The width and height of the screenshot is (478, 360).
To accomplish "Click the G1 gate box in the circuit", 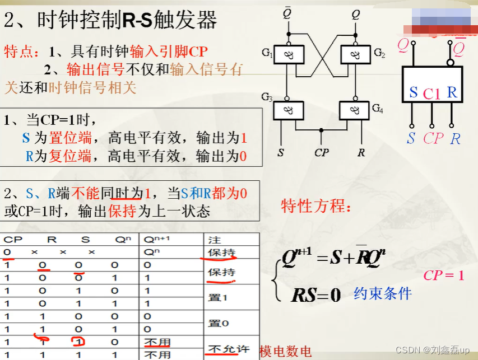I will click(x=288, y=55).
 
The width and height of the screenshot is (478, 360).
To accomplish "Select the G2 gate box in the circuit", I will click(x=355, y=55).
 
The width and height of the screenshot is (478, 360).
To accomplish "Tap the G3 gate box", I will click(x=288, y=110).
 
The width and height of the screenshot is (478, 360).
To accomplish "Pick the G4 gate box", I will click(x=355, y=110).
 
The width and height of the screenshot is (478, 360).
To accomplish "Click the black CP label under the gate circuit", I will click(x=321, y=152).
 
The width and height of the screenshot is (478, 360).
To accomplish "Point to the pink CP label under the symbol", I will click(x=433, y=138).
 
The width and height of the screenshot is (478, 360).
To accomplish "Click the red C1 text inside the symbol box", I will click(x=432, y=94).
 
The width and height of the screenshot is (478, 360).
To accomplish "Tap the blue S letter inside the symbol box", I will click(x=414, y=93).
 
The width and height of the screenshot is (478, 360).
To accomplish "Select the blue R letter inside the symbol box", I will click(x=452, y=93).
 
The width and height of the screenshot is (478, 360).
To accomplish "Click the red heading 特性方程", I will click(x=317, y=206).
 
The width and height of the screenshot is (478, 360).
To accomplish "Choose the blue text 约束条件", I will click(x=383, y=293).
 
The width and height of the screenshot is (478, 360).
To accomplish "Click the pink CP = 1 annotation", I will click(x=444, y=275).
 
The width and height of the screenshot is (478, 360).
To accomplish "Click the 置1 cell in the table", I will click(x=218, y=298).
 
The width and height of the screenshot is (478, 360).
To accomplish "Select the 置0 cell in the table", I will click(x=218, y=323).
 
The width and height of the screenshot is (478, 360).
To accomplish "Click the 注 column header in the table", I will click(x=214, y=240).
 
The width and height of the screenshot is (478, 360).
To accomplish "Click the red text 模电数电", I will click(x=285, y=352).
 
